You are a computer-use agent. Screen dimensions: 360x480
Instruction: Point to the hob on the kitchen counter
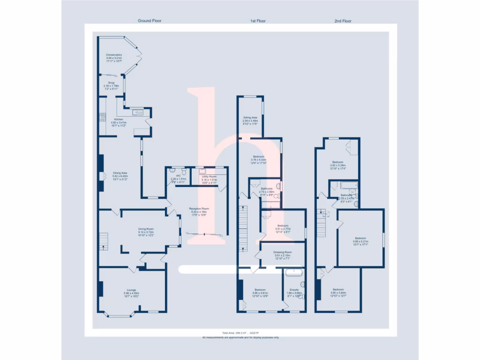pos(102,117)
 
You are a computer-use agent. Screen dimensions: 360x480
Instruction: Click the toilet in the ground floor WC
pos(182,172)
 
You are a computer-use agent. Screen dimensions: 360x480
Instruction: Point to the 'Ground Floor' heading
pos(150,21)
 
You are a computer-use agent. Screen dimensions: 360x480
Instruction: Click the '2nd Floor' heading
pos(343,21)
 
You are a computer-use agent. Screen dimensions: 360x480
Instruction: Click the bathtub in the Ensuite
pos(294,272)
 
